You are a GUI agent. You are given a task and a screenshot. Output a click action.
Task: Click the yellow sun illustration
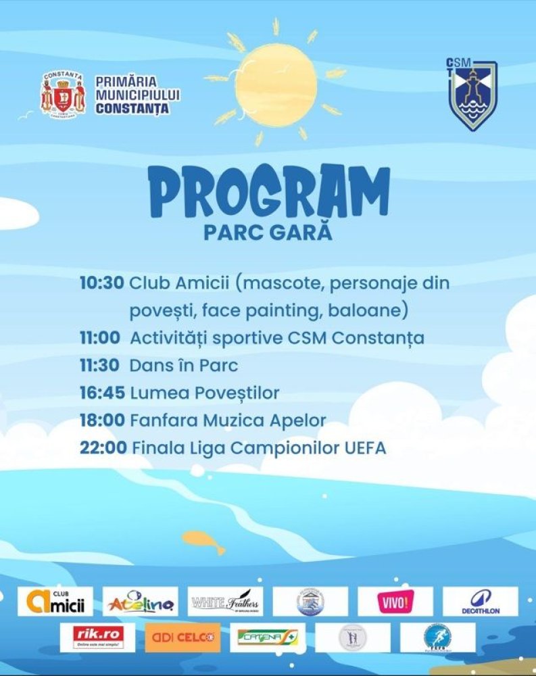[275, 84]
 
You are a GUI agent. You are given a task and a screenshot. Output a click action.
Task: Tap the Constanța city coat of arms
[63, 96]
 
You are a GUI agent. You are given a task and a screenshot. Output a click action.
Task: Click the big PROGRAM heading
[268, 192]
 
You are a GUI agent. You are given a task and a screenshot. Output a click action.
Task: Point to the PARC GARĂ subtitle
[268, 233]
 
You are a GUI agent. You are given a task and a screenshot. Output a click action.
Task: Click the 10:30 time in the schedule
[101, 283]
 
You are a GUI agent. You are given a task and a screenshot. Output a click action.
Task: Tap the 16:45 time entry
[101, 393]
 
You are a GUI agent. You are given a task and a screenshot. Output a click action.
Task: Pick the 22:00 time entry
[103, 448]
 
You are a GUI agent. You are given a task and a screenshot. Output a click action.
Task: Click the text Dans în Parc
[184, 366]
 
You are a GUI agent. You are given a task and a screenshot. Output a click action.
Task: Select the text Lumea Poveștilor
[205, 393]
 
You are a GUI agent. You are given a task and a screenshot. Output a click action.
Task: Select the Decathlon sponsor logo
[480, 601]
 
